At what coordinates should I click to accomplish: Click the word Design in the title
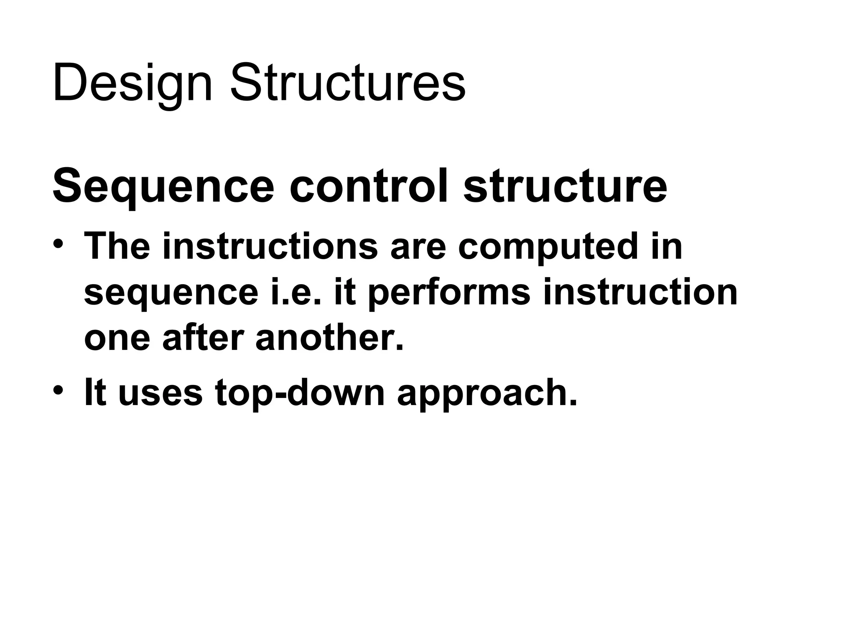pyautogui.click(x=132, y=84)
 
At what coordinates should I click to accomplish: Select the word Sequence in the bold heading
pyautogui.click(x=163, y=186)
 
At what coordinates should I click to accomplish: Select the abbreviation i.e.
pyautogui.click(x=296, y=292)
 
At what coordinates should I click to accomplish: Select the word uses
pyautogui.click(x=160, y=393)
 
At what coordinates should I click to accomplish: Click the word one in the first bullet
pyautogui.click(x=117, y=339)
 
